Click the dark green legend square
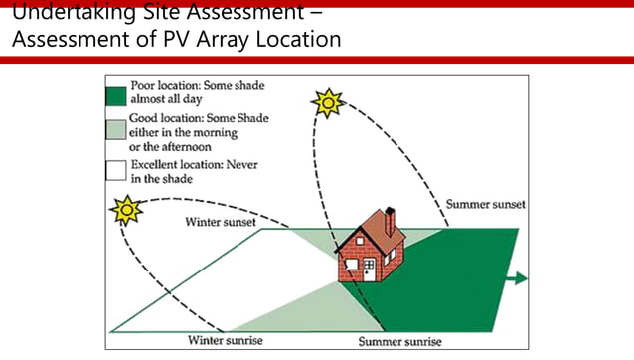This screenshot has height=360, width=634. pos(116,96)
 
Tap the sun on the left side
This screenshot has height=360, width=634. pos(126,211)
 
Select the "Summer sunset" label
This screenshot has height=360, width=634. pos(486,205)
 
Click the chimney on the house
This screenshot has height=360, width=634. pos(390,220)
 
